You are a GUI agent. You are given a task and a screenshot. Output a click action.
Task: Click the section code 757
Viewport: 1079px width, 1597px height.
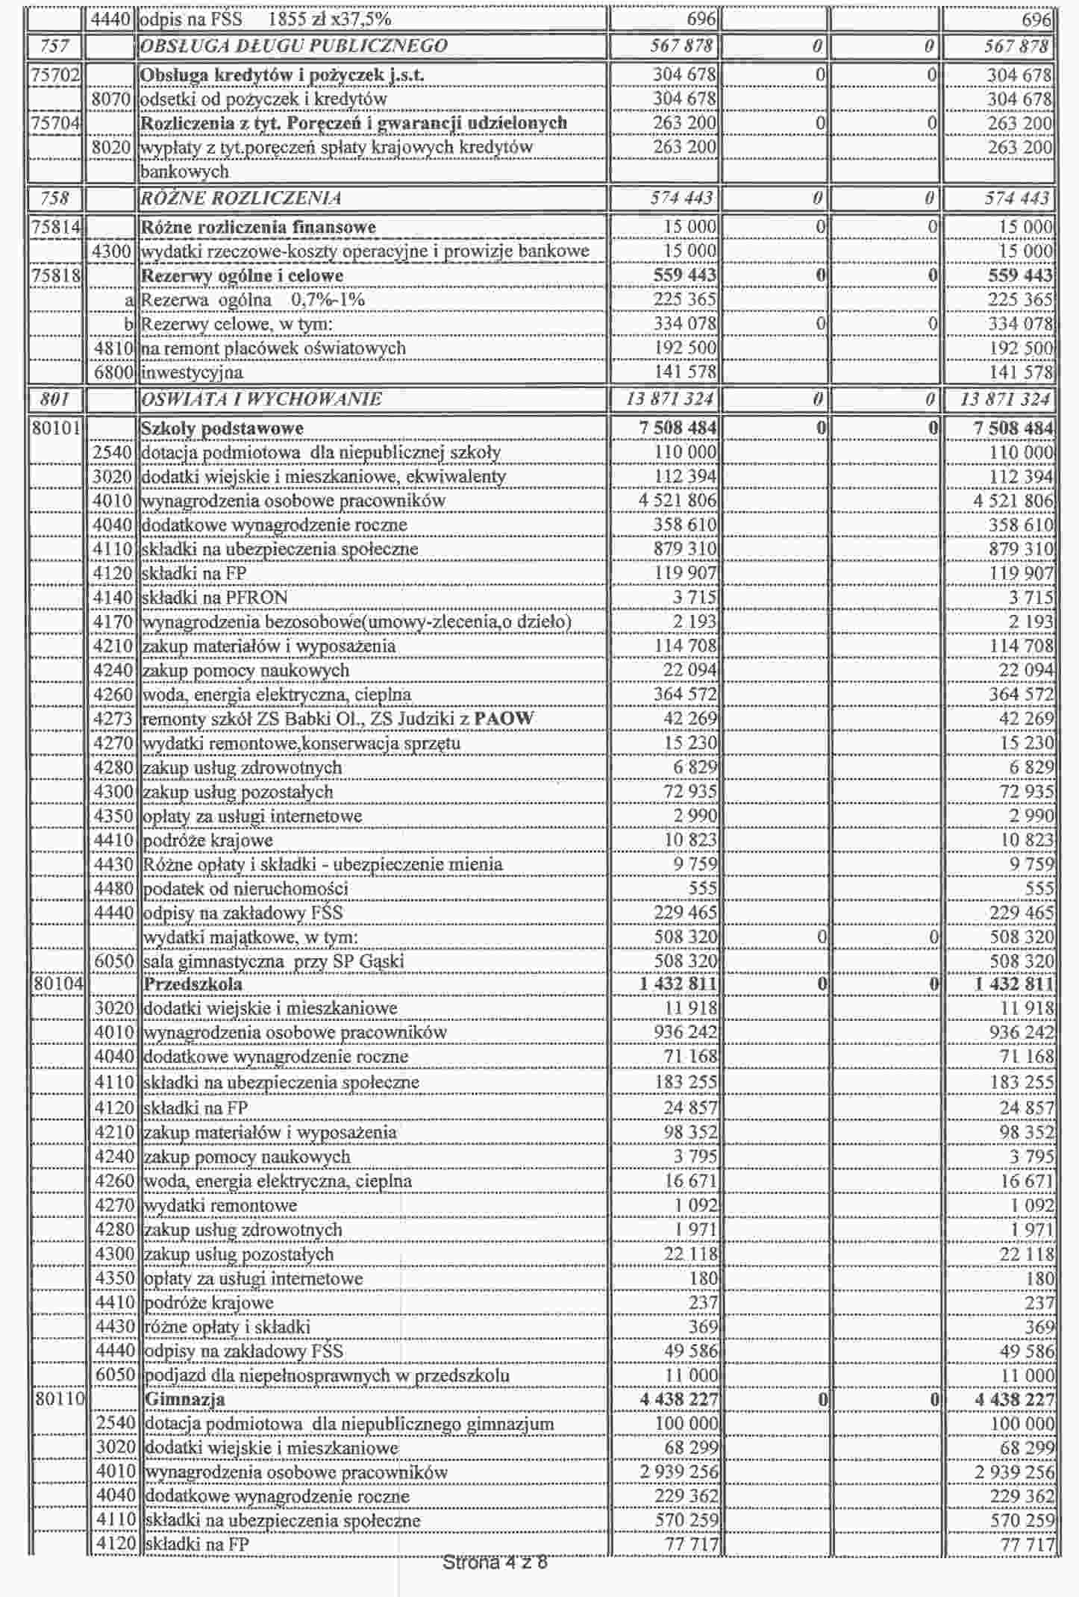click(x=54, y=46)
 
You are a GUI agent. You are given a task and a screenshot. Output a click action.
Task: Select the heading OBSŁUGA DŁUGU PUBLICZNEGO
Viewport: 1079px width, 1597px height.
click(x=294, y=46)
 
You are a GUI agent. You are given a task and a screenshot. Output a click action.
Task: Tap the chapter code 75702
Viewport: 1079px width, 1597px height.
click(x=56, y=75)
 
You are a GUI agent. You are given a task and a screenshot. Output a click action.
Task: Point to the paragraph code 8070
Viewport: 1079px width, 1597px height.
click(x=111, y=99)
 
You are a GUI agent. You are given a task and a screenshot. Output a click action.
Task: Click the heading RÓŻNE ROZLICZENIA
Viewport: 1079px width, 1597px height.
click(x=241, y=199)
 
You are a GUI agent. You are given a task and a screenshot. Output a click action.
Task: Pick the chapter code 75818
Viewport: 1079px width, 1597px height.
click(x=56, y=275)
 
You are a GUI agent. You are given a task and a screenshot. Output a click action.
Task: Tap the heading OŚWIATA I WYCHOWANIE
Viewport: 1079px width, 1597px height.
click(x=261, y=399)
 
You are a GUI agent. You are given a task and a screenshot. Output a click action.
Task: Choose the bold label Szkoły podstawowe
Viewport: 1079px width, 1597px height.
click(x=222, y=428)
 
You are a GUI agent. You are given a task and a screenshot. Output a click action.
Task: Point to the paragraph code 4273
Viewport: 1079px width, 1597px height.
click(x=113, y=719)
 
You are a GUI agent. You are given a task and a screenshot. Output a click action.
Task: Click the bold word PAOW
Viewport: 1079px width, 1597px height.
click(x=504, y=719)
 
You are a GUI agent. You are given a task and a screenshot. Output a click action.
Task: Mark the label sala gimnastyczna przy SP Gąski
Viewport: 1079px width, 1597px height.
click(x=273, y=961)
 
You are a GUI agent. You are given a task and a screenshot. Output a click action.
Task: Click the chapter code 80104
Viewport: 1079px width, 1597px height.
click(x=57, y=984)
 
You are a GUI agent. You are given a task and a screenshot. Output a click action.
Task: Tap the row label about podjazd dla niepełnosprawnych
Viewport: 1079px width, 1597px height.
click(x=326, y=1375)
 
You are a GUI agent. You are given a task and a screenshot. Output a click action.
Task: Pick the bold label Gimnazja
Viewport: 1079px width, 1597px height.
click(x=185, y=1399)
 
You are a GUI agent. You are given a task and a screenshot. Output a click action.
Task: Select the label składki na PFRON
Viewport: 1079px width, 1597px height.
click(x=214, y=598)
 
